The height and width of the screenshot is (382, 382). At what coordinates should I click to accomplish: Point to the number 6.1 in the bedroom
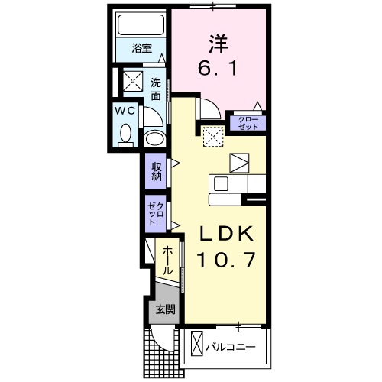tap(219, 69)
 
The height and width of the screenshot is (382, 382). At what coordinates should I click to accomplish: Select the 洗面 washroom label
tap(156, 89)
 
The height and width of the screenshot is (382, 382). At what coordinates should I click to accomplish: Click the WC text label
tap(125, 110)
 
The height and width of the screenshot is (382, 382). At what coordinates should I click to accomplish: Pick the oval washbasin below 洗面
tap(154, 139)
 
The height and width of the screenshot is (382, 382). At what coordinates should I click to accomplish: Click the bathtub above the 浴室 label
tap(141, 25)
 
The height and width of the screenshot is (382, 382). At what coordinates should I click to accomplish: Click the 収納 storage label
tap(157, 171)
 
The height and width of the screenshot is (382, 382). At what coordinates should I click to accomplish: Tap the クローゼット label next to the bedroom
tap(248, 122)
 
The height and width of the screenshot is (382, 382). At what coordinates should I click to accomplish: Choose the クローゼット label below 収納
tap(157, 212)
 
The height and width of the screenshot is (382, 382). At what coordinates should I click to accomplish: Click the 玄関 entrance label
tap(166, 309)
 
